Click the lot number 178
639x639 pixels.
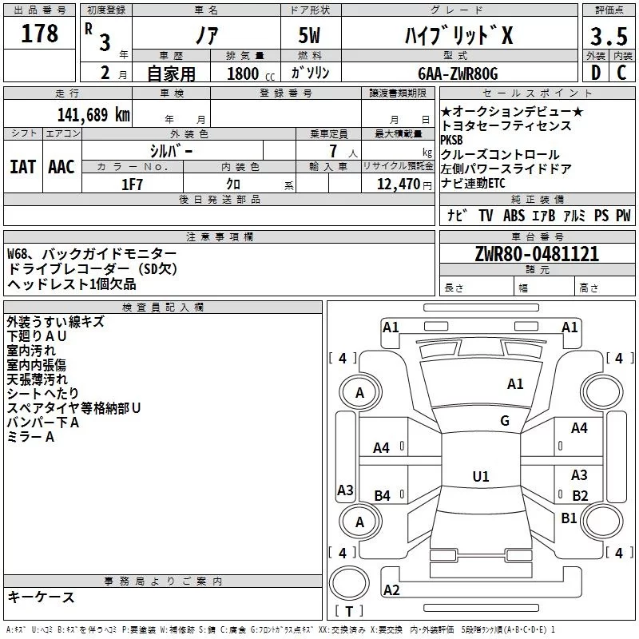click(42, 34)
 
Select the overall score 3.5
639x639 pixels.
click(608, 36)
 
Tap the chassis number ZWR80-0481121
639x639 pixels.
click(537, 255)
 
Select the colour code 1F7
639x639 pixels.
click(132, 184)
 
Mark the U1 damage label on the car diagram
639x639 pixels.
click(480, 477)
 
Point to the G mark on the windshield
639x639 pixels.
click(505, 421)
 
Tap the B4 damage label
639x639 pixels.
click(382, 496)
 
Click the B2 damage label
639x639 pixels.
click(580, 495)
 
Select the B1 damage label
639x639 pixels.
click(569, 518)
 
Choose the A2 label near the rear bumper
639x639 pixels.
click(391, 590)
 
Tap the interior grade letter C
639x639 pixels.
click(621, 73)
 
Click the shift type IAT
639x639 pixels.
click(23, 166)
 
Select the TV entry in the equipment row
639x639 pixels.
click(486, 216)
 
